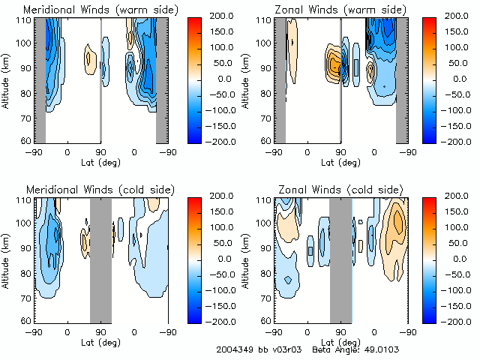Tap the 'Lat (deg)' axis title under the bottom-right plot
coord(340,343)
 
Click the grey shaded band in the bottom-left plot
coord(100,259)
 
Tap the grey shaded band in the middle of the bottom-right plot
coord(340,259)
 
